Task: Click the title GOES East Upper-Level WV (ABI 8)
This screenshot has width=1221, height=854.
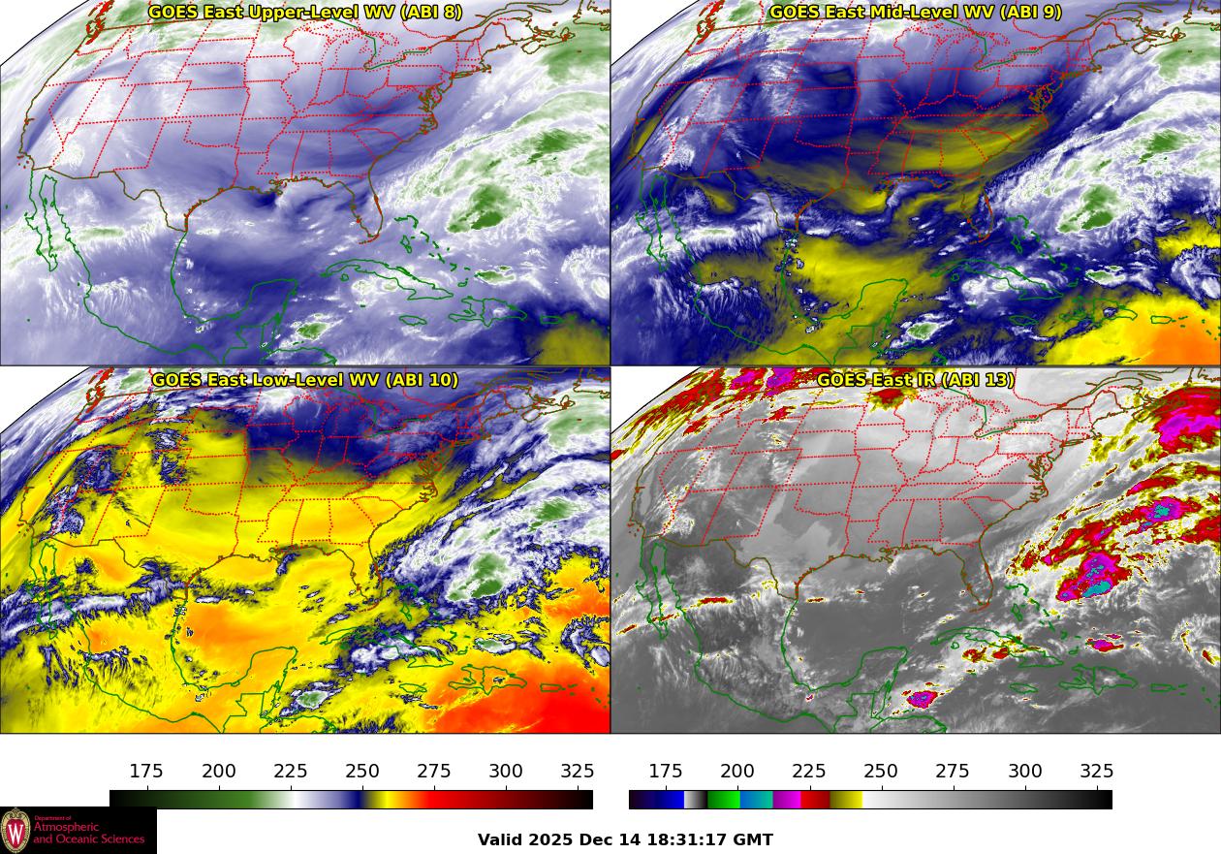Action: tap(305, 13)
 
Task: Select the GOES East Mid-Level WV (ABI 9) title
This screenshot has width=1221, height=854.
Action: tap(915, 13)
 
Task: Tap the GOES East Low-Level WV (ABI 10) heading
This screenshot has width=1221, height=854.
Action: tap(305, 380)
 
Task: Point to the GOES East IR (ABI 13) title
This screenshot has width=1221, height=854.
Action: tap(915, 380)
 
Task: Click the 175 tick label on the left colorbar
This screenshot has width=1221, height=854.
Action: tap(146, 772)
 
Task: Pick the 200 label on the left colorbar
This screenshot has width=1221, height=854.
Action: tap(219, 772)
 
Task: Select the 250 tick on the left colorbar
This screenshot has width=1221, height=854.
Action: tap(362, 772)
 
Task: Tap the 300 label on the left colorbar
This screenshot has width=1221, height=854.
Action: tap(506, 772)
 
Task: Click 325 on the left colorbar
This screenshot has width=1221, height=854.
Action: tap(578, 772)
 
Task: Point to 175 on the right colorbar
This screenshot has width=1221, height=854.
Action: tap(666, 772)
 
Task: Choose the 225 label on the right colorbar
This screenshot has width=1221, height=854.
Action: tap(809, 772)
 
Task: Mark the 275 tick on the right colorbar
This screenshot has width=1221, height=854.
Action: tap(953, 772)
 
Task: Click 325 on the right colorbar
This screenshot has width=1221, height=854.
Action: tap(1096, 772)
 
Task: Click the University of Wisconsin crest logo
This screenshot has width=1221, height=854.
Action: tap(16, 831)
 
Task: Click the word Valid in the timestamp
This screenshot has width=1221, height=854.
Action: tap(501, 840)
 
